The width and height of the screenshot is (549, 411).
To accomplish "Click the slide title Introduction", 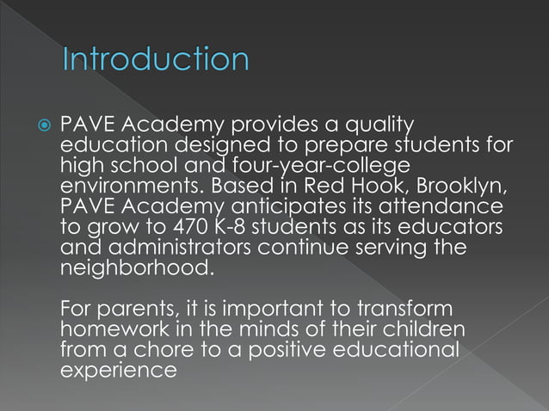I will [156, 60].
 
